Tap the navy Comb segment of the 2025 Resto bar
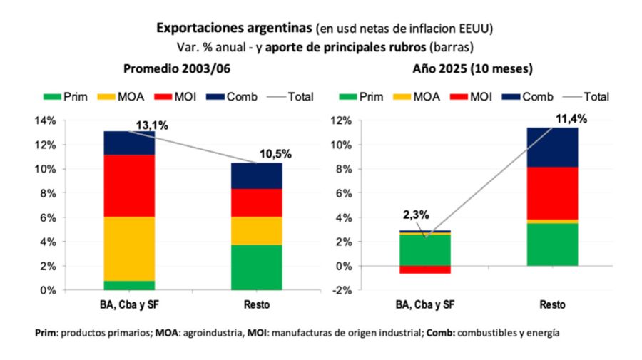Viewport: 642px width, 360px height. (552, 147)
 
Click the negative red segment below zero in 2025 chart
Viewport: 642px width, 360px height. (425, 269)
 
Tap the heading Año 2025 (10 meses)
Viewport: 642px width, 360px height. (473, 69)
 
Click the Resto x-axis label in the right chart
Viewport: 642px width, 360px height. (552, 304)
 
